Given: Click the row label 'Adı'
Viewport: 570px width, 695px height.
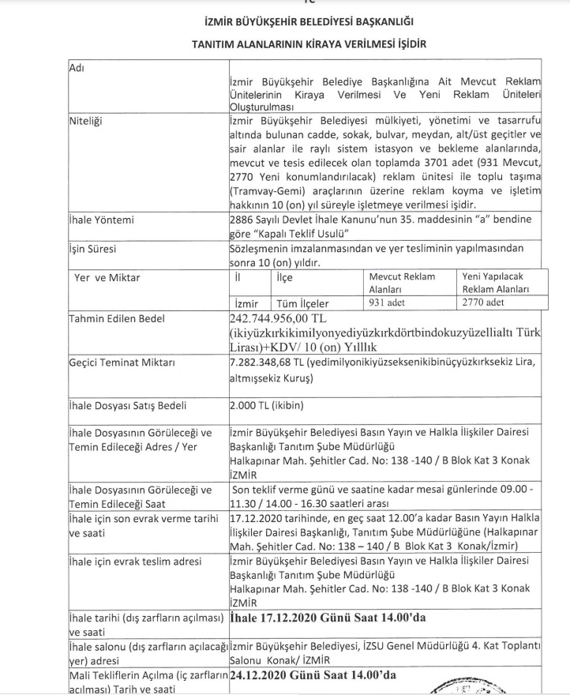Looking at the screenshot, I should [77, 67].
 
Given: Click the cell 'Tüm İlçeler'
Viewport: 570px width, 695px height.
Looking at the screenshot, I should [302, 303].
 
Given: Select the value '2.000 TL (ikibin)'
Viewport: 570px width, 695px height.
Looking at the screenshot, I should [265, 406].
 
